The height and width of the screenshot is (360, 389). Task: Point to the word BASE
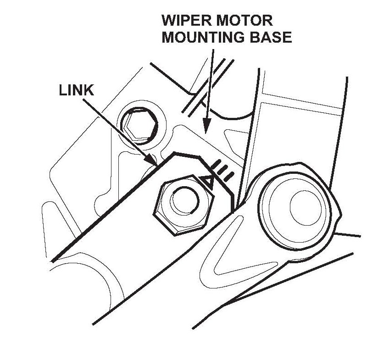271,37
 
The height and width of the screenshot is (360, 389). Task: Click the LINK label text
77,90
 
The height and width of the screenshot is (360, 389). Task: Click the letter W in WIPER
168,21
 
